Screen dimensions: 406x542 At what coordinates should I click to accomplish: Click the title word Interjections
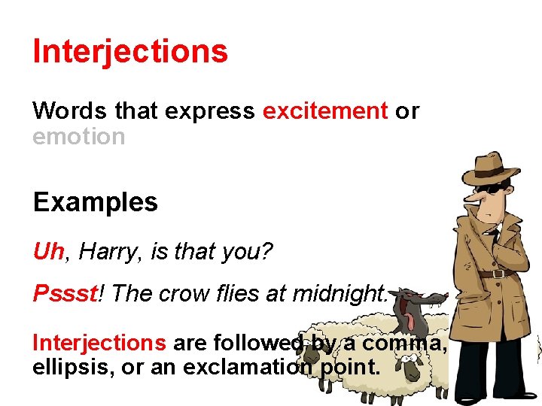[x=130, y=51]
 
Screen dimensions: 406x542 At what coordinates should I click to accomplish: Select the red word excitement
[x=324, y=111]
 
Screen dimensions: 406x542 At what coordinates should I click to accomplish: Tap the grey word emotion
[x=78, y=137]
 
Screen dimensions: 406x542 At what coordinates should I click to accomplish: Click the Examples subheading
[x=95, y=202]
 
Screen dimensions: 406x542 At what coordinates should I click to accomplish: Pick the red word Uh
[x=49, y=251]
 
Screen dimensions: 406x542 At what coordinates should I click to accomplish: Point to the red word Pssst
[x=65, y=293]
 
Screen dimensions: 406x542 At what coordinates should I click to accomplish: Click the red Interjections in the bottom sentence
[x=99, y=343]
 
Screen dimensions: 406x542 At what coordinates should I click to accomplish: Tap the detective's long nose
[x=470, y=198]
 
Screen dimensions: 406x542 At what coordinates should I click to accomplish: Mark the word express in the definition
[x=210, y=111]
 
